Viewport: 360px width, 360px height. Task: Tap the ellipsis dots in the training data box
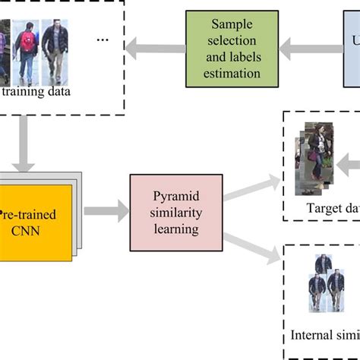(x=104, y=39)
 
